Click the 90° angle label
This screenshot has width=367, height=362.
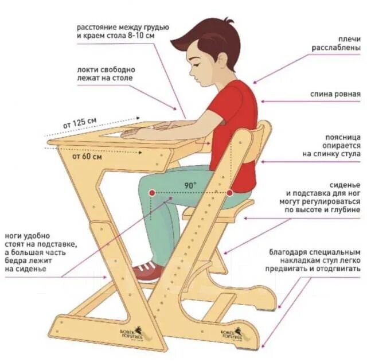click(x=190, y=185)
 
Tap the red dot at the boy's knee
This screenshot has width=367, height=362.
click(x=151, y=193)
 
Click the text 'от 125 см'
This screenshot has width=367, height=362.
click(x=80, y=123)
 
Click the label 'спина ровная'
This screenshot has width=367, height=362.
click(x=335, y=94)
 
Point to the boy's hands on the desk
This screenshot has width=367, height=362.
click(x=143, y=131)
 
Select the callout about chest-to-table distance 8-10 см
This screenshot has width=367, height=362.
click(x=123, y=32)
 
